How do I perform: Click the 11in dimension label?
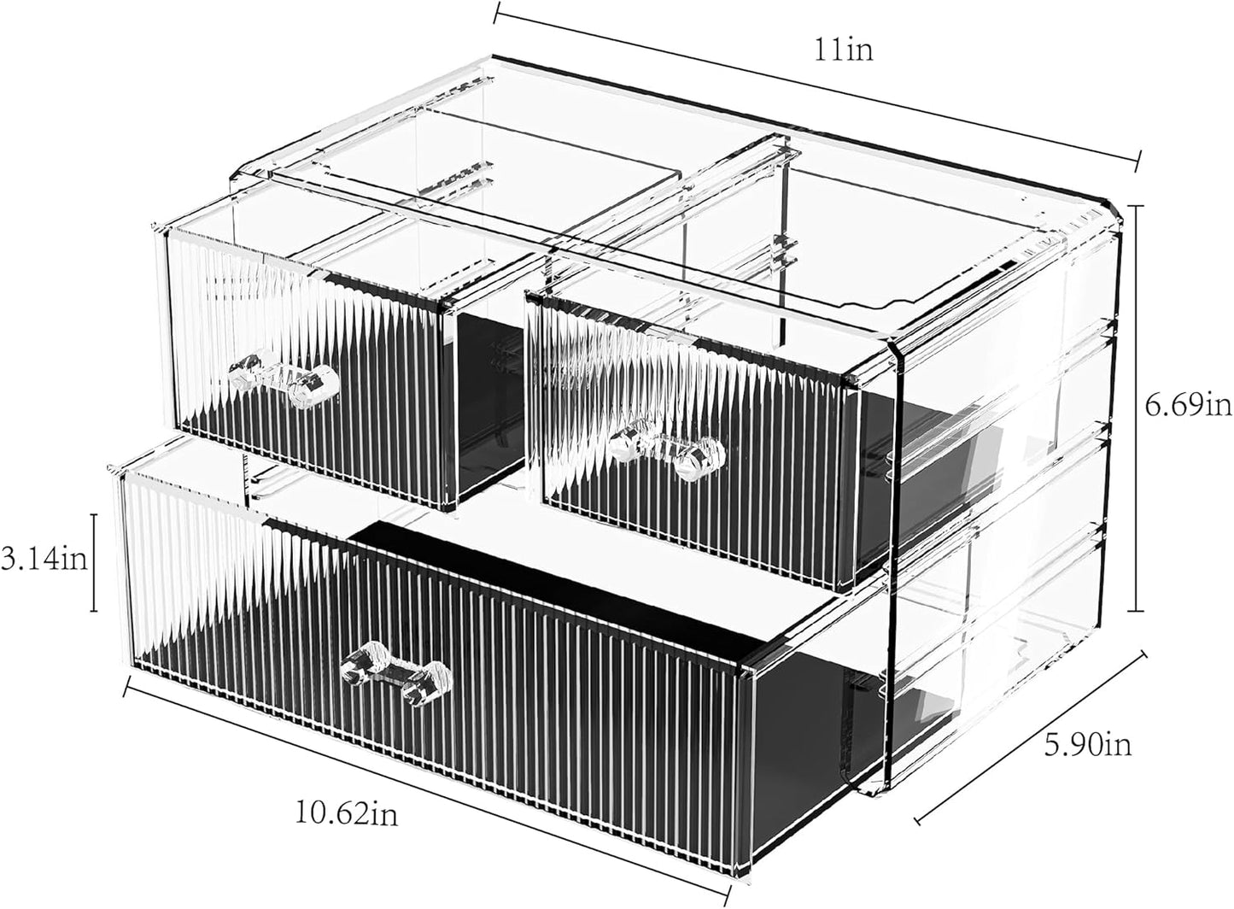(843, 50)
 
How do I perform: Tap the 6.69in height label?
(1188, 407)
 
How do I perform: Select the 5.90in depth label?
(1088, 745)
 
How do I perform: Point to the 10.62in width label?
(346, 813)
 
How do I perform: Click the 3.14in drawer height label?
(44, 560)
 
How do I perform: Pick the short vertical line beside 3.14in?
(94, 562)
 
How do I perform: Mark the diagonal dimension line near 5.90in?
(1032, 748)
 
